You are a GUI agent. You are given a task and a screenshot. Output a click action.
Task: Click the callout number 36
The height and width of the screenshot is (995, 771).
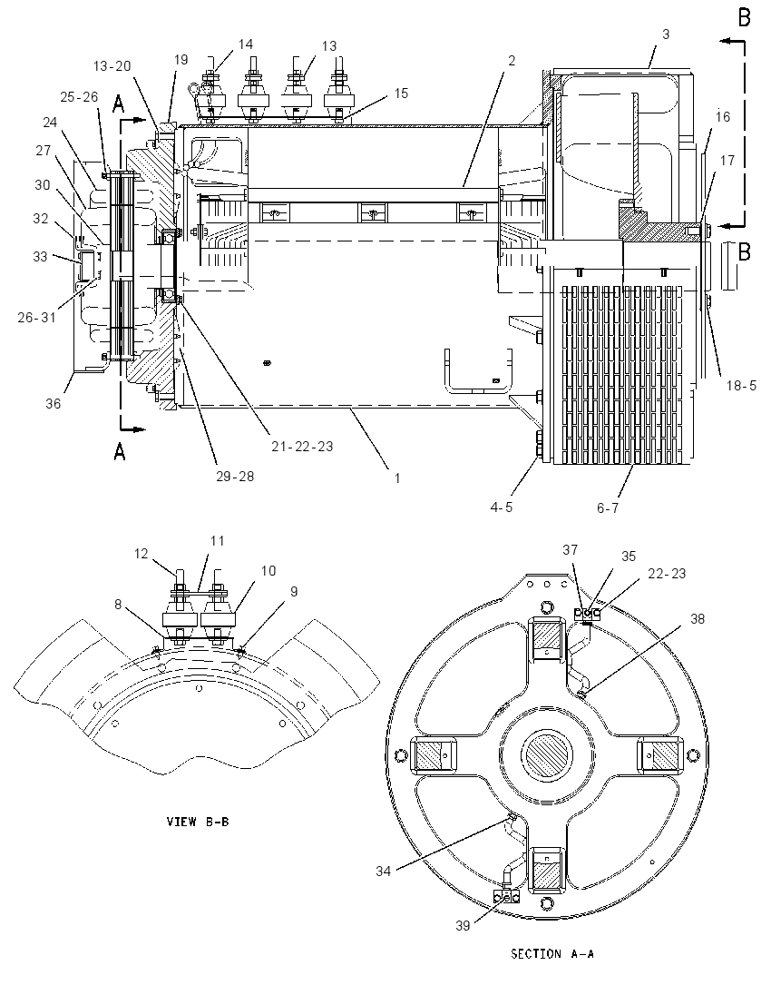pyautogui.click(x=54, y=404)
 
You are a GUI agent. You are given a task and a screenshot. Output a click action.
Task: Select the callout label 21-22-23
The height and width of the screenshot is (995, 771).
pyautogui.click(x=302, y=447)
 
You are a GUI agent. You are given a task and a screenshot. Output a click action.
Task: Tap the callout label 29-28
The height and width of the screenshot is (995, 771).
pyautogui.click(x=235, y=477)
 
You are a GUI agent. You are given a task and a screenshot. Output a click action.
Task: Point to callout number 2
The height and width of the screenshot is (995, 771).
pyautogui.click(x=512, y=60)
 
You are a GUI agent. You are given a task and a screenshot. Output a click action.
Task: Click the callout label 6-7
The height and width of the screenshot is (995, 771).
pyautogui.click(x=608, y=507)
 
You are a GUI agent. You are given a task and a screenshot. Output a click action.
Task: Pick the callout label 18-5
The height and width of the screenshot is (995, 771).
pyautogui.click(x=741, y=385)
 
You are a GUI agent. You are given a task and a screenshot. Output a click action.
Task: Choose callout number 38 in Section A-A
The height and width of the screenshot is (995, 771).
pyautogui.click(x=698, y=619)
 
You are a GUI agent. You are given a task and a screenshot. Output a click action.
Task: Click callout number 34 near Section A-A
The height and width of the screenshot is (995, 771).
pyautogui.click(x=383, y=872)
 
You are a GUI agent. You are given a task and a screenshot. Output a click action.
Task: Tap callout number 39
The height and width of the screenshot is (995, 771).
pyautogui.click(x=463, y=926)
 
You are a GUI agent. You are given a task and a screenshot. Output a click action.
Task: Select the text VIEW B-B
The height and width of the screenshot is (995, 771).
pyautogui.click(x=198, y=822)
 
